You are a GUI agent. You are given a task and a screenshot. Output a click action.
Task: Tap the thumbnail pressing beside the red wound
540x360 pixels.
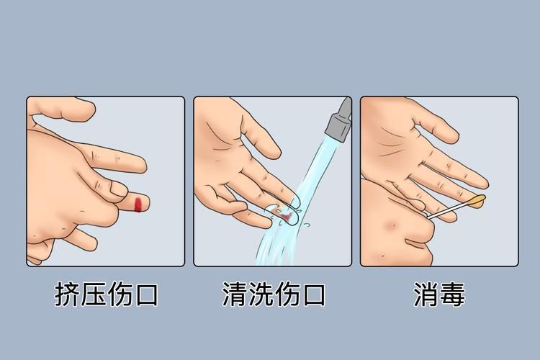[117, 189]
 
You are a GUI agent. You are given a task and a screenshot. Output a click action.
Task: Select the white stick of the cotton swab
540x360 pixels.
[448, 210]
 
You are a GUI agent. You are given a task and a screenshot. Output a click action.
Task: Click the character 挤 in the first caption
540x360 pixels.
[68, 295]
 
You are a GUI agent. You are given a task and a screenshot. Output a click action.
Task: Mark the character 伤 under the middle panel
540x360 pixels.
[287, 295]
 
